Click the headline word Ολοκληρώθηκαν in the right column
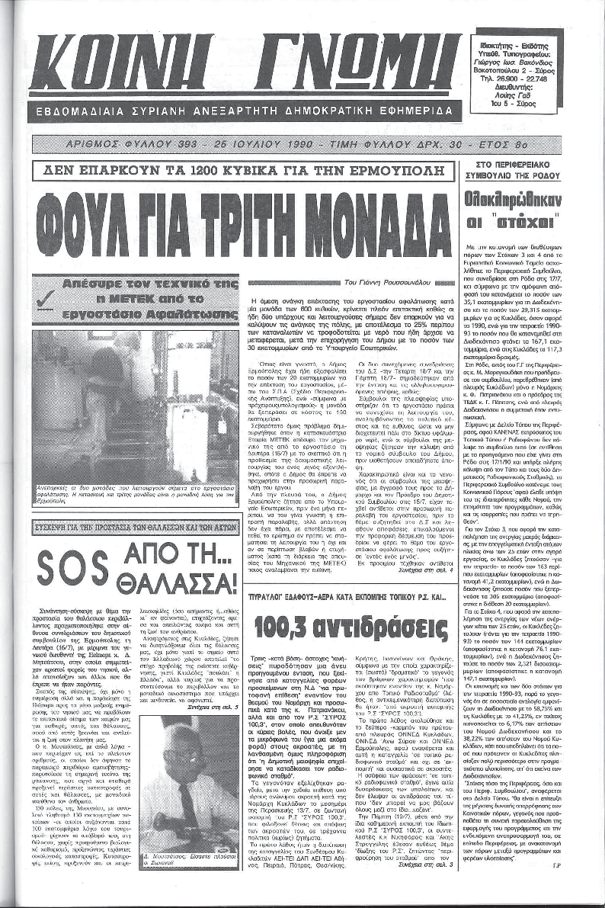point(532,201)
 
